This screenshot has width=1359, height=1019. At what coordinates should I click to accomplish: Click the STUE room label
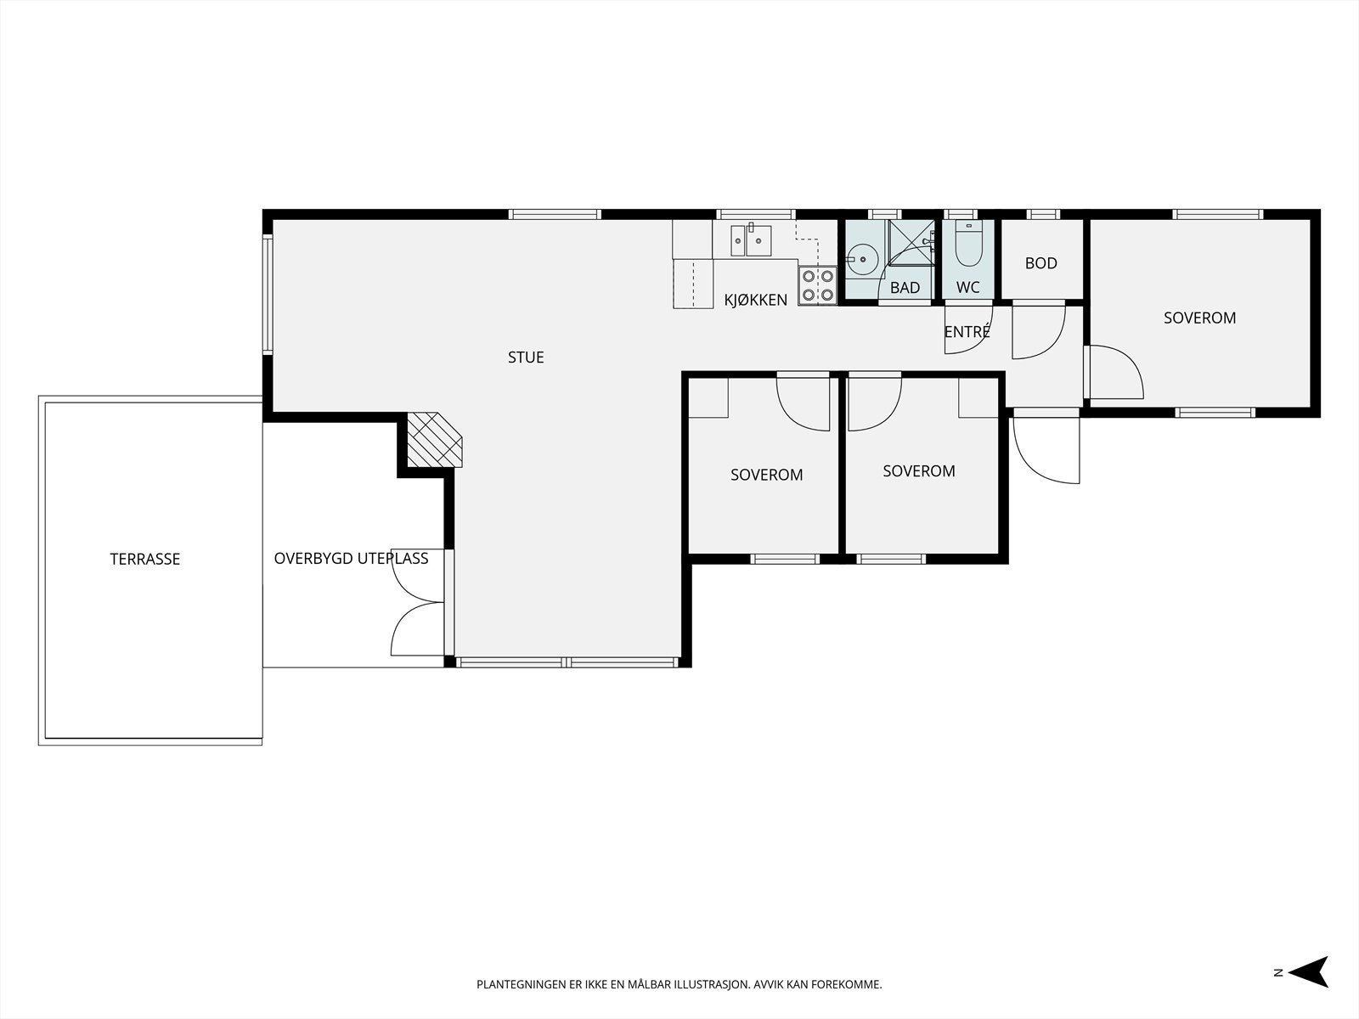coord(526,357)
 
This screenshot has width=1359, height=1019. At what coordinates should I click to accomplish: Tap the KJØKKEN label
coord(755,300)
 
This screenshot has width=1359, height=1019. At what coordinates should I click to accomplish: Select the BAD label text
coord(905,288)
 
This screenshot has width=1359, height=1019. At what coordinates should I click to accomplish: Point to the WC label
coord(967,288)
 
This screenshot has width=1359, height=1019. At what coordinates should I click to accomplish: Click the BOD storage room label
coord(1040,263)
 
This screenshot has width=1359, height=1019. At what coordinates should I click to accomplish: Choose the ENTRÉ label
coord(967,332)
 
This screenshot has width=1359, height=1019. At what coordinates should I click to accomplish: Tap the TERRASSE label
coord(145,560)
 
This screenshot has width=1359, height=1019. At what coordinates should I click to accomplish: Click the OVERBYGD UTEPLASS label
coord(351,559)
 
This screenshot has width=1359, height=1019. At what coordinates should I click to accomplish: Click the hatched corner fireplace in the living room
coord(435,439)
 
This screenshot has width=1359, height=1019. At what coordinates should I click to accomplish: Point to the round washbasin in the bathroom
coord(862,260)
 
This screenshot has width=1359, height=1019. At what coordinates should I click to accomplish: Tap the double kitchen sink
coord(751,240)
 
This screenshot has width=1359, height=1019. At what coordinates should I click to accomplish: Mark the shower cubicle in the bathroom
coord(911,242)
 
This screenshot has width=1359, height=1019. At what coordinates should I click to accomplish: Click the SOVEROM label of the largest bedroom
coord(1199,318)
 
